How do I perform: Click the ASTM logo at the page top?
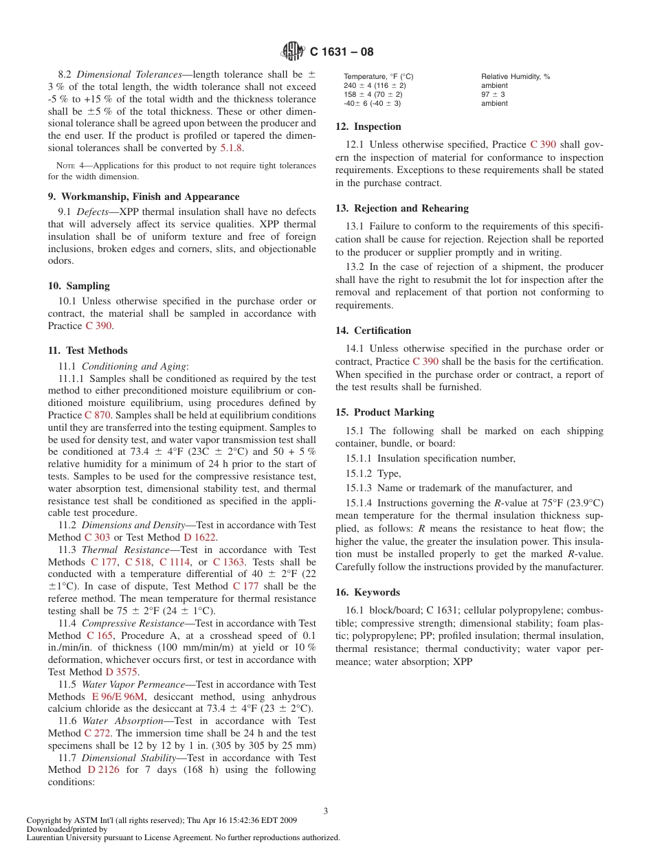[x=293, y=52]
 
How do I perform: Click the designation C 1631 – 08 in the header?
[x=342, y=52]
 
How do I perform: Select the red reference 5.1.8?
[x=231, y=148]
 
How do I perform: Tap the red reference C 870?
[x=98, y=415]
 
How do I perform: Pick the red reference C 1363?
[x=228, y=562]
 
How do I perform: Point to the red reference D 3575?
[x=122, y=672]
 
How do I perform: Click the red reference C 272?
[x=98, y=733]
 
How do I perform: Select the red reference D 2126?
[x=103, y=769]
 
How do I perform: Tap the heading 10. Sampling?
[x=78, y=286]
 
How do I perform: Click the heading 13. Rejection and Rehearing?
[x=401, y=208]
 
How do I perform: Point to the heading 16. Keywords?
[x=367, y=592]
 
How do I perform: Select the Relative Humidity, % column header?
[x=516, y=76]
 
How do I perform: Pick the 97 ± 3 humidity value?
[x=494, y=94]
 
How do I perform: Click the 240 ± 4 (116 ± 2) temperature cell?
[x=375, y=85]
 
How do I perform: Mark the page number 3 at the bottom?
[x=326, y=811]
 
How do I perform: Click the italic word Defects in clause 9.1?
[x=92, y=212]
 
